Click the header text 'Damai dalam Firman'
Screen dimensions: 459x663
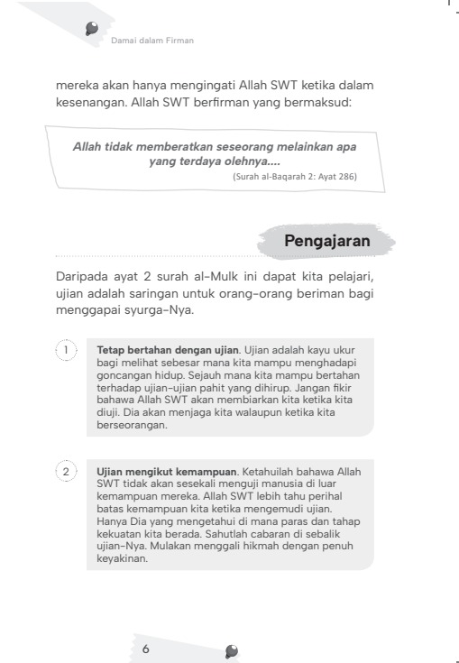151,40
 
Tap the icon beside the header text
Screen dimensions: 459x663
92,30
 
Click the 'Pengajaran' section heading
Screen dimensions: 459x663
326,241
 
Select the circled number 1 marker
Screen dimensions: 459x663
65,349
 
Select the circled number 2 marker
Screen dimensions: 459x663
65,472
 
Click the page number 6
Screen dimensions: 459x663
145,649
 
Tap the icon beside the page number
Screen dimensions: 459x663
233,649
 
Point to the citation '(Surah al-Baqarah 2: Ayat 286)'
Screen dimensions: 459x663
294,177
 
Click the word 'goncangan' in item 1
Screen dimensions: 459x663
124,373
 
